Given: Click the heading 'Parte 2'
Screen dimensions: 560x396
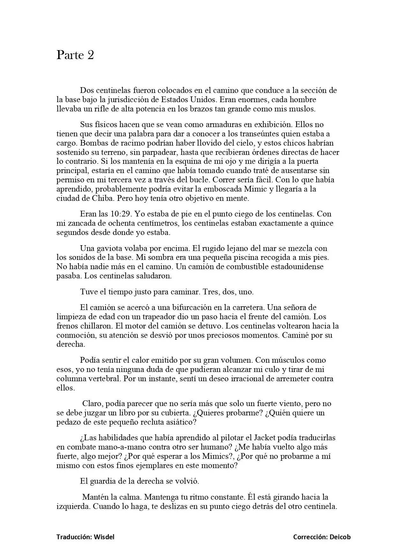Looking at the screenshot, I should tap(75, 55).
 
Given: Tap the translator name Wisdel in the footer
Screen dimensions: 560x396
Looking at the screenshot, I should tap(104, 537).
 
